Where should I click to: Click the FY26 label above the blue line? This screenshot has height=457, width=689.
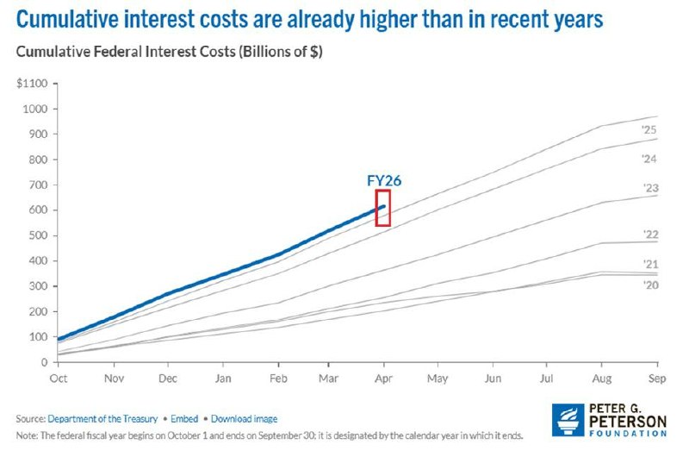[x=384, y=181]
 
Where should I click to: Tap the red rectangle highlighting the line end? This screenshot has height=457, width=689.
[x=376, y=208]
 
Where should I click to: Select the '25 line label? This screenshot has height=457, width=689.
[x=649, y=129]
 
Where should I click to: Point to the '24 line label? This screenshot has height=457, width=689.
[x=649, y=159]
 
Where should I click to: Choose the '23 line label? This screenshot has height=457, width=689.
[x=651, y=188]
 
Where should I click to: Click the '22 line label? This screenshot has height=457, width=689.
[x=651, y=235]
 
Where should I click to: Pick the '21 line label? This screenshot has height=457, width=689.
[x=651, y=265]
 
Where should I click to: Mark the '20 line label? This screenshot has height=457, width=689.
[x=651, y=285]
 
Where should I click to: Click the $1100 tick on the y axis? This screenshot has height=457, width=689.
[x=32, y=83]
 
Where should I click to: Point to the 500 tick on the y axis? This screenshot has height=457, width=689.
[x=38, y=235]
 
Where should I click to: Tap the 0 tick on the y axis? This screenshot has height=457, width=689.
[x=45, y=362]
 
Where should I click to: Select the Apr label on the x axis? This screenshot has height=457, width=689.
[x=383, y=379]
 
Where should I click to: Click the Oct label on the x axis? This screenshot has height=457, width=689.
[x=59, y=379]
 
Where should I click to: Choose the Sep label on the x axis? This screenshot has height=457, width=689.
[x=657, y=379]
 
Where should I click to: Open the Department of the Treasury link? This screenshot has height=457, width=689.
[x=102, y=419]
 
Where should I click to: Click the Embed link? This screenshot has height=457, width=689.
[x=184, y=419]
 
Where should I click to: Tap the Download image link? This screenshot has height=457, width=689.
[x=244, y=419]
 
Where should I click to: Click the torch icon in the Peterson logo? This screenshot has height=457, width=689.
[x=568, y=420]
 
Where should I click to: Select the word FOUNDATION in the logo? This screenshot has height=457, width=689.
[x=628, y=433]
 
